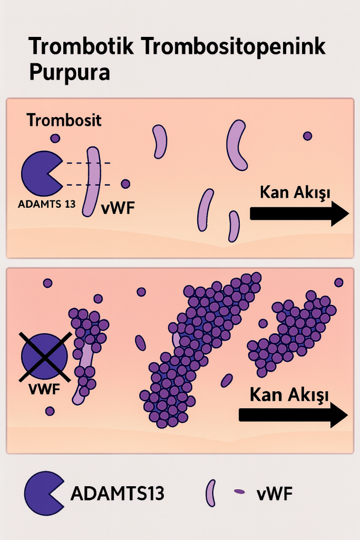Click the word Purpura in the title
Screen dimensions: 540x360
pos(70,72)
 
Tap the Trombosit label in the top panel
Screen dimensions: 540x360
pos(64,120)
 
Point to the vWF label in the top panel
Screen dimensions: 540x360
pos(118,208)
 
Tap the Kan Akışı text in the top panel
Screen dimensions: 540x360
pos(295,192)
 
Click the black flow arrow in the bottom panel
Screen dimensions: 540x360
pos(293,414)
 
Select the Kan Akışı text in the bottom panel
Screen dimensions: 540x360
pos(289,394)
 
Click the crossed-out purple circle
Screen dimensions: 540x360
pos(44,356)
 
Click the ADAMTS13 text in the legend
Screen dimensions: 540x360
pos(117,494)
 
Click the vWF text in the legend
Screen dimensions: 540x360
pos(275,494)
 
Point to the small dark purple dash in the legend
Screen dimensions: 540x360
pos(239,491)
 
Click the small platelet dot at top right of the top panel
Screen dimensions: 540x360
pos(307,136)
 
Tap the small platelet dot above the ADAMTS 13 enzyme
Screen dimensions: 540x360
pos(55,138)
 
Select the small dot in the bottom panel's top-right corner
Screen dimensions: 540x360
pos(339,282)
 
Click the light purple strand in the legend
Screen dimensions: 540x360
pos(212,494)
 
